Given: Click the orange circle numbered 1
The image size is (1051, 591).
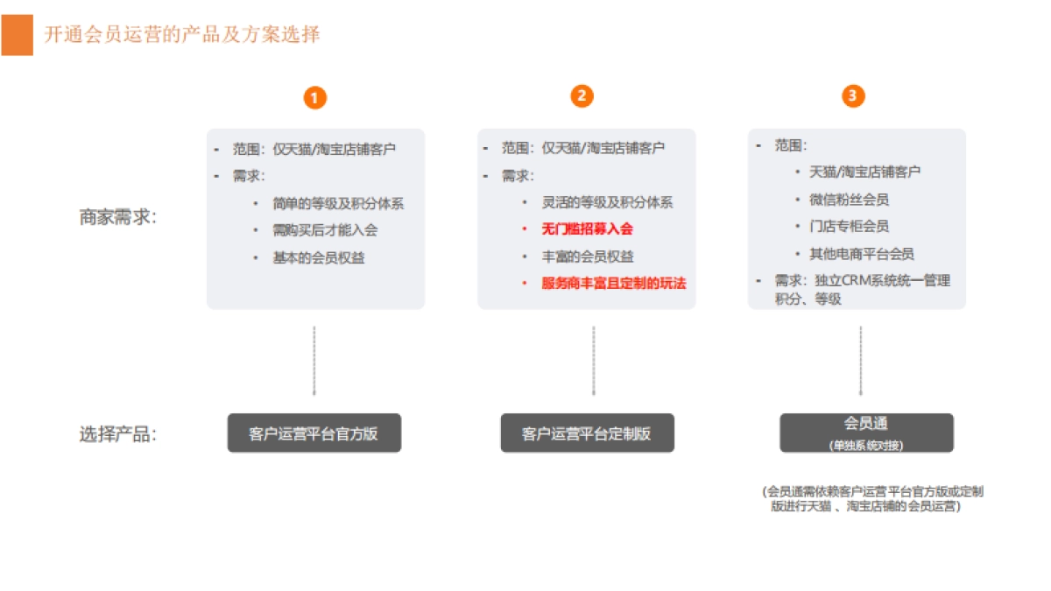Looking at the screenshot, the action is click(314, 97).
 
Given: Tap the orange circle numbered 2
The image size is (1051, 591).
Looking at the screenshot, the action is click(582, 96).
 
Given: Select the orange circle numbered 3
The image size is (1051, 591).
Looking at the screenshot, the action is click(853, 96).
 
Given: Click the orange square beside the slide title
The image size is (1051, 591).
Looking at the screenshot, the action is click(18, 35).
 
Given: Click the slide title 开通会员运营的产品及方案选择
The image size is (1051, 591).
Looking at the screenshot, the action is click(182, 35).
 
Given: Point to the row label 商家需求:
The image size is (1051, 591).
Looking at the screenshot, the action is click(117, 217).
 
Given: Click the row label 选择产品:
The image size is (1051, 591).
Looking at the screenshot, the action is click(117, 434).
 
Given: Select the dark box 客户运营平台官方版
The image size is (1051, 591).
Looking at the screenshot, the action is click(314, 433).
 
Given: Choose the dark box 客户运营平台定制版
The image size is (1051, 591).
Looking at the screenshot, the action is click(588, 433).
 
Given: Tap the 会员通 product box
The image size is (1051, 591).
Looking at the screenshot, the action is click(866, 433).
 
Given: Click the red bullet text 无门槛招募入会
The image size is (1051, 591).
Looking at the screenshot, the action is click(587, 229).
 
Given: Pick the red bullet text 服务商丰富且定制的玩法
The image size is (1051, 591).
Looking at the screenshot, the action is click(614, 284).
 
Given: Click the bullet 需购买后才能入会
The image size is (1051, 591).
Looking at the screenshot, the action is click(325, 230).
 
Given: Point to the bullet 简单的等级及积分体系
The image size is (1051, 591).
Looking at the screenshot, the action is click(338, 203).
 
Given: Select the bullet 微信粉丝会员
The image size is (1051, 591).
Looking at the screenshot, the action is click(850, 200).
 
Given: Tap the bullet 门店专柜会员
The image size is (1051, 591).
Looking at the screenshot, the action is click(850, 227).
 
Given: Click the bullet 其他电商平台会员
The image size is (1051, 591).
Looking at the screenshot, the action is click(862, 254).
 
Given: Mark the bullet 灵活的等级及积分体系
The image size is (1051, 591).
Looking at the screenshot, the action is click(607, 202).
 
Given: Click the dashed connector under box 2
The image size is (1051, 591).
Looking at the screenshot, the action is click(594, 361).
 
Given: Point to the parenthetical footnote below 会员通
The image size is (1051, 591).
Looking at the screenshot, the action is click(872, 499).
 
